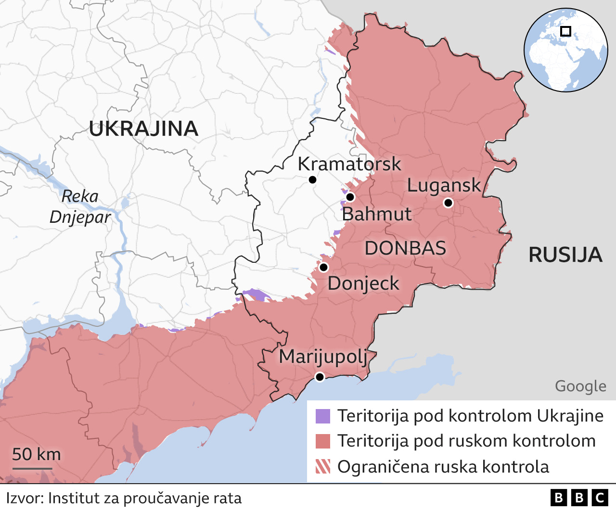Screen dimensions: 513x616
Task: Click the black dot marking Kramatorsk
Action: [312, 180]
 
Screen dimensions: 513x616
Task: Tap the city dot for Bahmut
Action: [350, 197]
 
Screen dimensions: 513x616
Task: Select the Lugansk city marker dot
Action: [448, 203]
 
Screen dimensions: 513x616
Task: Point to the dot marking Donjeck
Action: [323, 267]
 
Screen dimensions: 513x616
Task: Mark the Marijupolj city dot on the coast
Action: [320, 377]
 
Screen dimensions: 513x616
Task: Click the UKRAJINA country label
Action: [143, 129]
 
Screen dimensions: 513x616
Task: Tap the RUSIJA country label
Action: [565, 255]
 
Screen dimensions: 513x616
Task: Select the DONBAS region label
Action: [405, 248]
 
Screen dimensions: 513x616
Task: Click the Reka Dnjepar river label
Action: [80, 207]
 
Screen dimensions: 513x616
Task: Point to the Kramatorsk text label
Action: [349, 164]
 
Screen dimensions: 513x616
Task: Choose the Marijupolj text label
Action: [323, 357]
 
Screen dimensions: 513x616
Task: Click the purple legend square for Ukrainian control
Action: [323, 416]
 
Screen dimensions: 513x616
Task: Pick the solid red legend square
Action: [323, 441]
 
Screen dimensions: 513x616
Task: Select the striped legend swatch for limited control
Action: [323, 467]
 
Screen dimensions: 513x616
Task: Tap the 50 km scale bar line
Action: [32, 468]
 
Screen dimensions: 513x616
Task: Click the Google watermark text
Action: [580, 386]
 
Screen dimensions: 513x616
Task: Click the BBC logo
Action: [579, 498]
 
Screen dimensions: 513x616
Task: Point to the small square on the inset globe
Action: [566, 31]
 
